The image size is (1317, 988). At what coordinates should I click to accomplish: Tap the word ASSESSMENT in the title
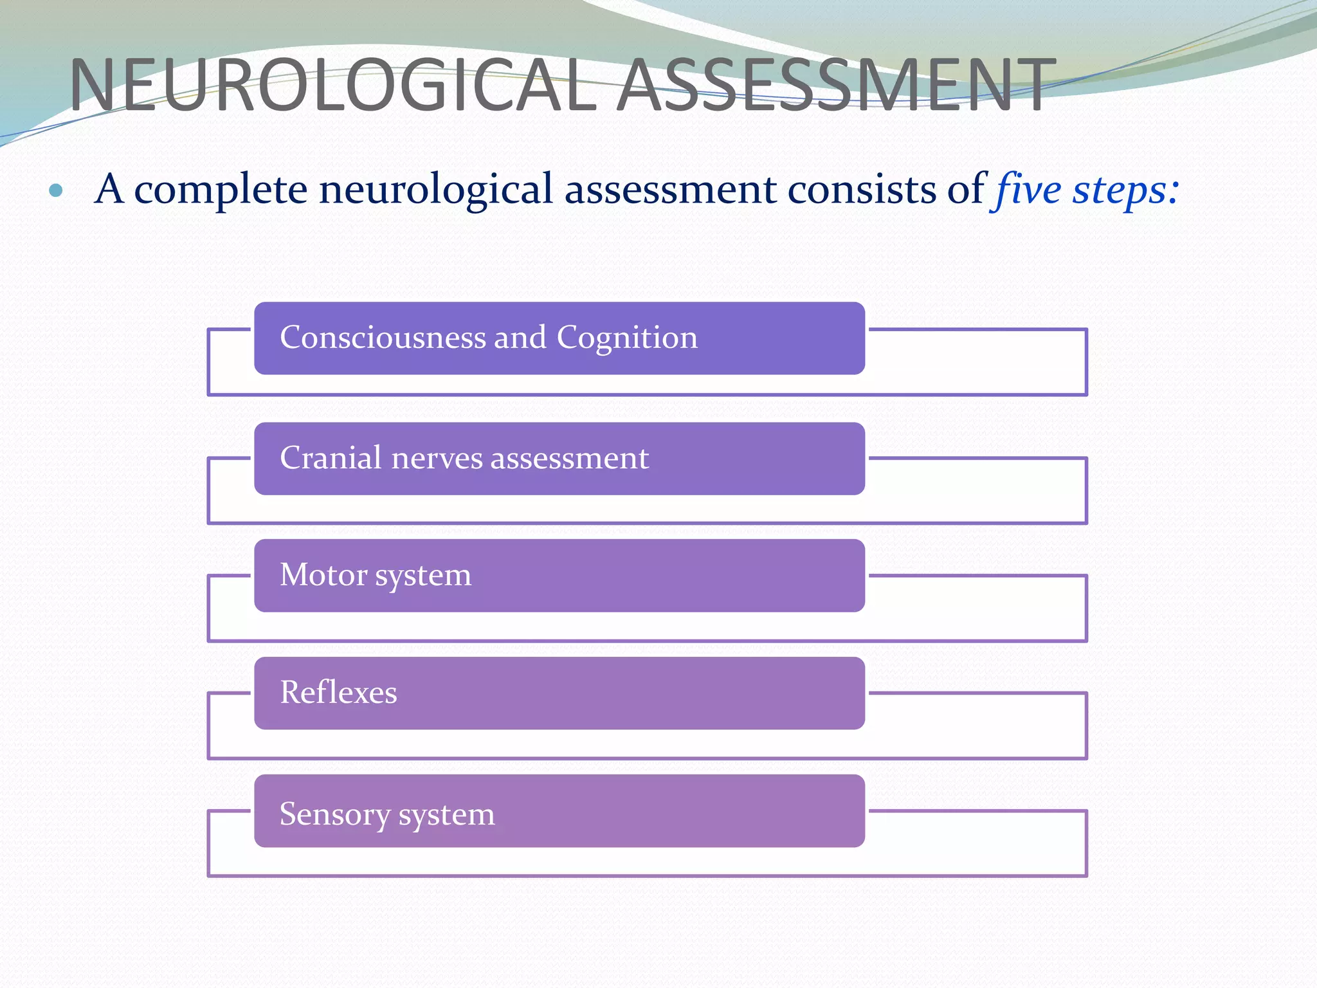click(x=837, y=86)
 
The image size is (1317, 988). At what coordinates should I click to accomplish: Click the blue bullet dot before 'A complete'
click(x=56, y=190)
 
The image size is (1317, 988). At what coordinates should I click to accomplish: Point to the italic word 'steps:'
click(x=1125, y=190)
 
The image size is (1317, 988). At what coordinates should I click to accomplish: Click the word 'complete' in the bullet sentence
click(x=221, y=190)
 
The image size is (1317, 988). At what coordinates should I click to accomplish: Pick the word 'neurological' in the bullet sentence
click(x=436, y=190)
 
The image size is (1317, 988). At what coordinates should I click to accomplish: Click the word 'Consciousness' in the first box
click(x=383, y=337)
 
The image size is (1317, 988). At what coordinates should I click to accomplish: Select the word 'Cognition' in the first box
click(x=627, y=338)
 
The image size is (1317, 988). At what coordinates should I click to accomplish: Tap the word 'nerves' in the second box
click(x=437, y=459)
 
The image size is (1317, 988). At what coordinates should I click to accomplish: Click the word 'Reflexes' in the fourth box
click(x=338, y=693)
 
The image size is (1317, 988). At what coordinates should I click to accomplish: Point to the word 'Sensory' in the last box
click(x=334, y=814)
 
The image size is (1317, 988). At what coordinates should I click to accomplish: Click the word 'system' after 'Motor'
click(x=423, y=576)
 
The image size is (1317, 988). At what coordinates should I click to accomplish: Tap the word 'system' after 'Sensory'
click(x=447, y=816)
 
